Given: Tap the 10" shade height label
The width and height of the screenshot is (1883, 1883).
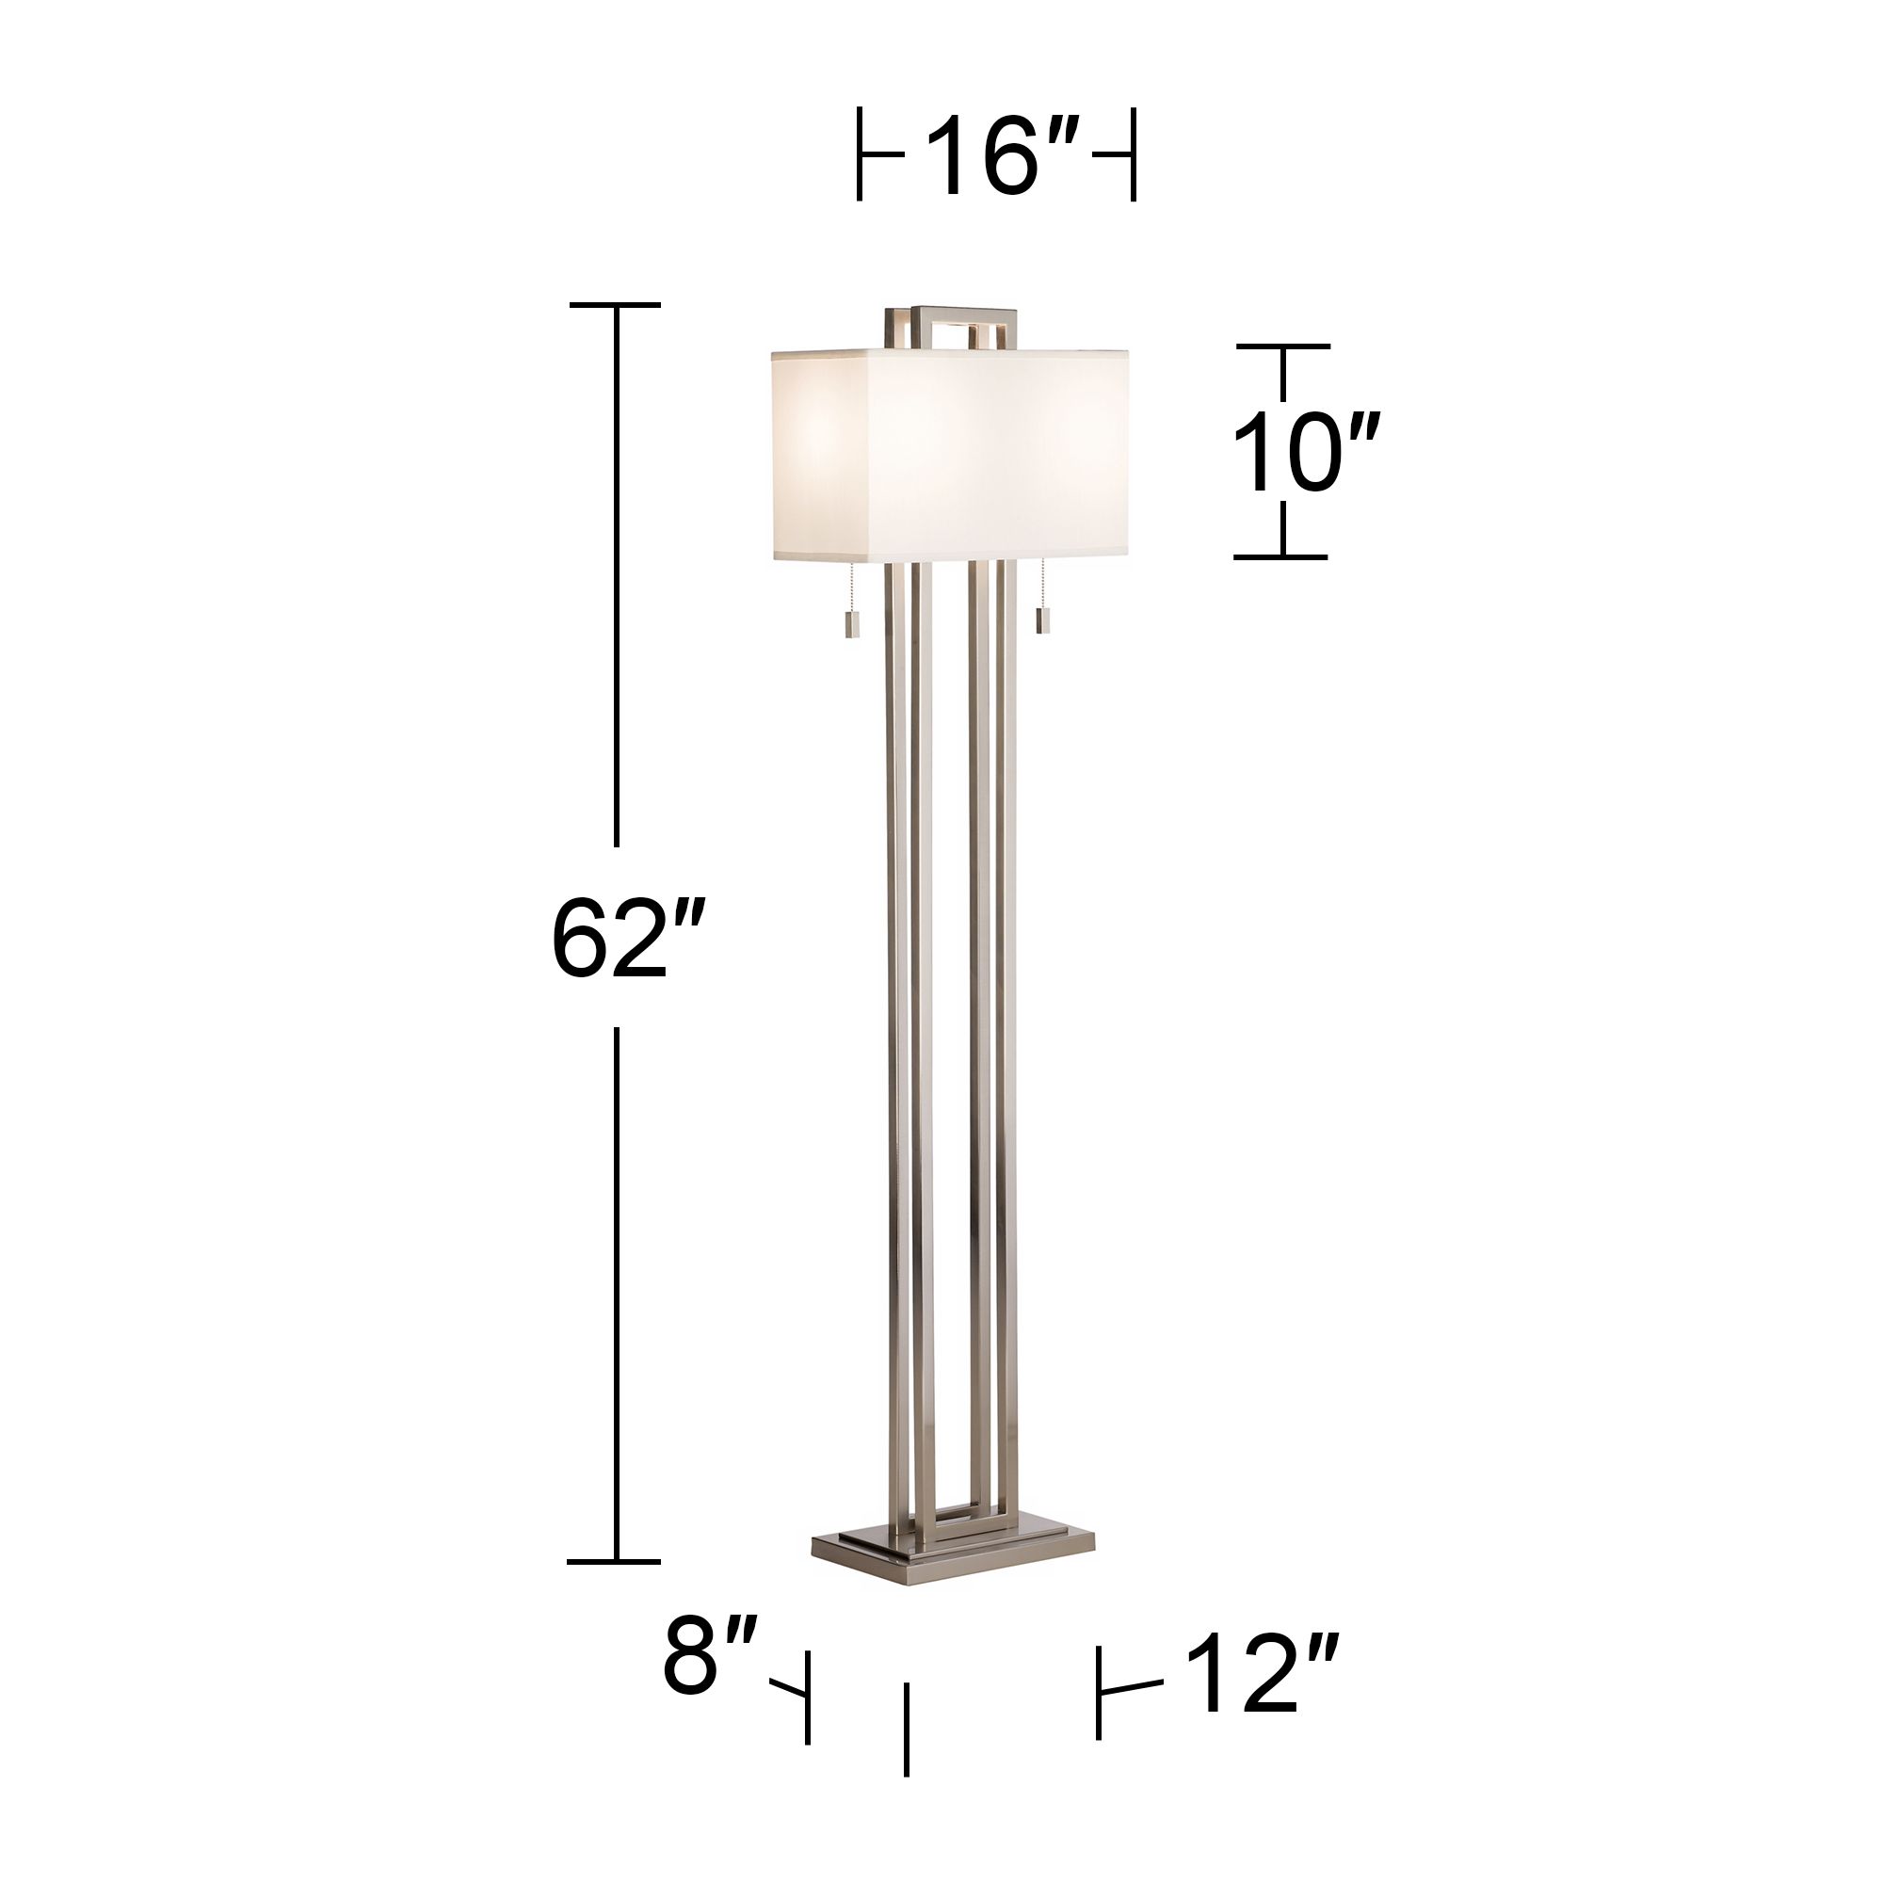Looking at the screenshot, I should click(1304, 453).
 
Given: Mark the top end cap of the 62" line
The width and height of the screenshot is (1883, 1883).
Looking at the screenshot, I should click(615, 305).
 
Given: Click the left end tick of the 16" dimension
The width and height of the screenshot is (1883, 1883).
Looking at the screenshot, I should click(860, 155).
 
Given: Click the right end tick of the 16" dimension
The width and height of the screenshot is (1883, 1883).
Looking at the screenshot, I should click(1133, 155).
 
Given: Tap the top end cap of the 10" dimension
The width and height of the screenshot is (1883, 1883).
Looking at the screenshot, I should click(1282, 346).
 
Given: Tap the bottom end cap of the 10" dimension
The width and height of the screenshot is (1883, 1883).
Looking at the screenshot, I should click(1280, 557).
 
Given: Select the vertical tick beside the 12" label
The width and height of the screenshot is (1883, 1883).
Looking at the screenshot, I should click(1100, 1693).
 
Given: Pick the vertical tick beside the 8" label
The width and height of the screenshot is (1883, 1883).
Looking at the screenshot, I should click(808, 1697).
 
